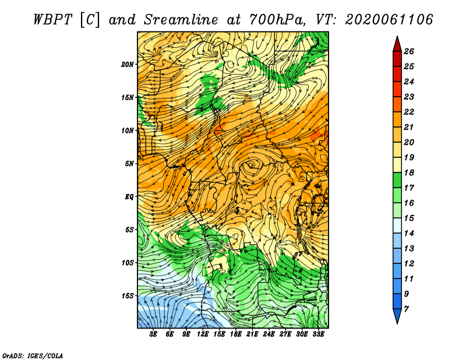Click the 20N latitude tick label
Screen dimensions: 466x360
pos(127,65)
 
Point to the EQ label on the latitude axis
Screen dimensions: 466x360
pos(129,197)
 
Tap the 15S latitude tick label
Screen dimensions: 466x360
pos(127,296)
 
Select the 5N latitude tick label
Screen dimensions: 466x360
pos(129,164)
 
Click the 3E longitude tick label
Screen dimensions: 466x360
pos(153,334)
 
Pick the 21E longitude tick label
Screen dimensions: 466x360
pos(252,334)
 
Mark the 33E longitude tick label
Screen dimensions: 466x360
pos(318,334)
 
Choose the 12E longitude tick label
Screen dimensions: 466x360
pos(202,334)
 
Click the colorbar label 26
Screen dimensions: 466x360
pos(409,51)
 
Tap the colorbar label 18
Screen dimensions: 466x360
pos(409,172)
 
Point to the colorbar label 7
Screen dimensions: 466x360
pos(406,309)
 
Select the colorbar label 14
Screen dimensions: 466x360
pos(409,234)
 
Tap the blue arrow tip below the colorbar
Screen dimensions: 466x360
pos(397,323)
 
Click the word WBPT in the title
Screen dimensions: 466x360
pos(52,20)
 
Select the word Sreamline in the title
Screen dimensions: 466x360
pos(181,20)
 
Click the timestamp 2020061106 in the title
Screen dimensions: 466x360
pos(389,20)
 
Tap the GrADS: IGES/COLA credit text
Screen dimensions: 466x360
pos(33,356)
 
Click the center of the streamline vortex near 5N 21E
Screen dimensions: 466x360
pos(252,165)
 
